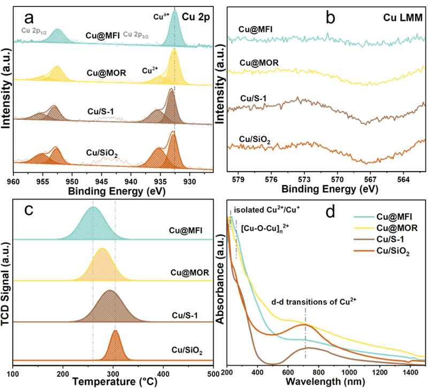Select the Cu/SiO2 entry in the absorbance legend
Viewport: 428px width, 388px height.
(392, 250)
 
